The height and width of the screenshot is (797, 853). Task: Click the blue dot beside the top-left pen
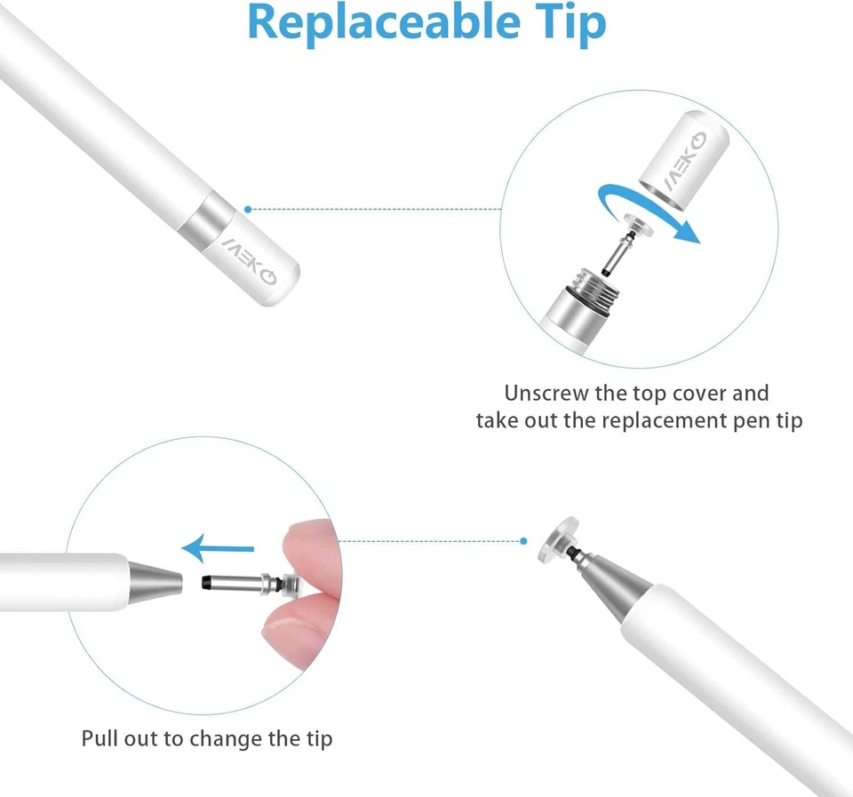pos(248,210)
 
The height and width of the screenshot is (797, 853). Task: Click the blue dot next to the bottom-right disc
pos(522,540)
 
